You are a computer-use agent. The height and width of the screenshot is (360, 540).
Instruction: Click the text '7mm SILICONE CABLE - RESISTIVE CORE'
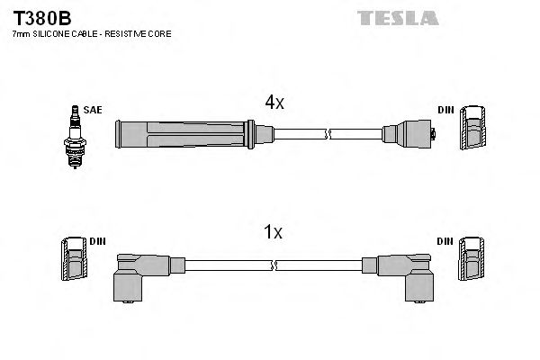91,34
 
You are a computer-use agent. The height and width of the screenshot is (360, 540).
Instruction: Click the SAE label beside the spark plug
93,110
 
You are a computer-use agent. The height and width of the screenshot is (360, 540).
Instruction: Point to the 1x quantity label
273,232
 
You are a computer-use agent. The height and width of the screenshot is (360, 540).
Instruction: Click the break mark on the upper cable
329,135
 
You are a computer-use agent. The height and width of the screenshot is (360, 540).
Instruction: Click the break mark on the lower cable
275,265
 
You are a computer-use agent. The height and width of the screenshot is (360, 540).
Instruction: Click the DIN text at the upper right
445,110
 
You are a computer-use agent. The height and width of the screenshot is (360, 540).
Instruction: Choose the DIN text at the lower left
98,241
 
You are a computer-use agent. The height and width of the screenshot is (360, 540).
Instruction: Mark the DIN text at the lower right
445,241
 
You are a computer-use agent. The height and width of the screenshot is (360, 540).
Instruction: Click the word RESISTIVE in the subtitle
128,34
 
